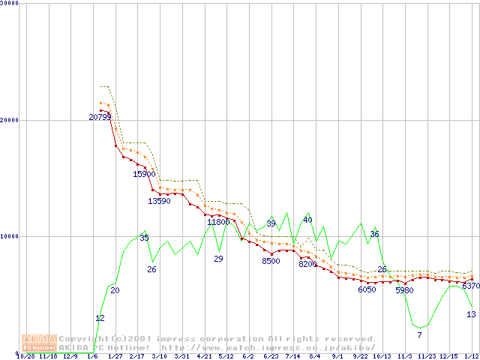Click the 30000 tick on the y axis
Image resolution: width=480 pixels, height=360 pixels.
pos(10,3)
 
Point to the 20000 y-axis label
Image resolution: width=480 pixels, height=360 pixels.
pos(10,119)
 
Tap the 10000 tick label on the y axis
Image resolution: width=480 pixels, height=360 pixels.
pos(10,236)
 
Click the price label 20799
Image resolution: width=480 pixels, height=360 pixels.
pos(100,117)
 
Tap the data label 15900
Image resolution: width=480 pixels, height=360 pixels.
pos(144,174)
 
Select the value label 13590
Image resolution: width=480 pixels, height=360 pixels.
pos(159,201)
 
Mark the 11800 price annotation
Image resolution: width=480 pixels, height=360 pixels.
pos(218,222)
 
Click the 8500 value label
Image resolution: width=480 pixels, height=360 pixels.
pos(271,261)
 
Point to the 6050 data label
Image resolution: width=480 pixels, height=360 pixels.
pos(367,289)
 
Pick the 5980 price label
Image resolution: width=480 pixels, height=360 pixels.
pos(404,290)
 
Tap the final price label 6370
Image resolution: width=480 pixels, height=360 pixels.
pos(471,286)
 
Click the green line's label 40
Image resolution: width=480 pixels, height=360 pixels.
pos(307,220)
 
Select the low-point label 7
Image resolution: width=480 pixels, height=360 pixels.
pos(419,334)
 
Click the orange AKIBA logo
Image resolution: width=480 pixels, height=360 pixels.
pos(39,343)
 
